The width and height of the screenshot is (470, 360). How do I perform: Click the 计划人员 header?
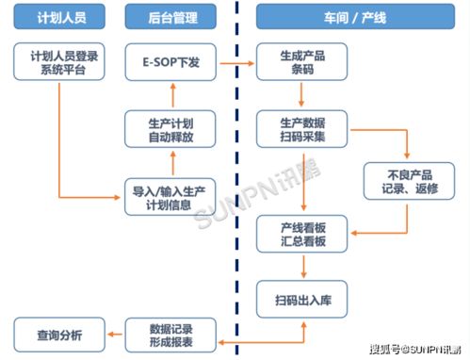tap(57, 18)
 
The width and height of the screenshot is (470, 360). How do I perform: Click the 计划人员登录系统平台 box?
tap(57, 62)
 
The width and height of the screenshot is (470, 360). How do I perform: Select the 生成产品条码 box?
tap(302, 62)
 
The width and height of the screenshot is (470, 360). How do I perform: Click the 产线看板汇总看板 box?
tap(302, 232)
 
